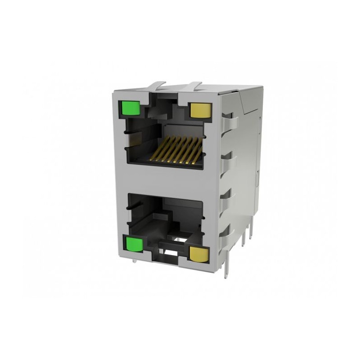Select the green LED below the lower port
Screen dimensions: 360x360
pos(133,244)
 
